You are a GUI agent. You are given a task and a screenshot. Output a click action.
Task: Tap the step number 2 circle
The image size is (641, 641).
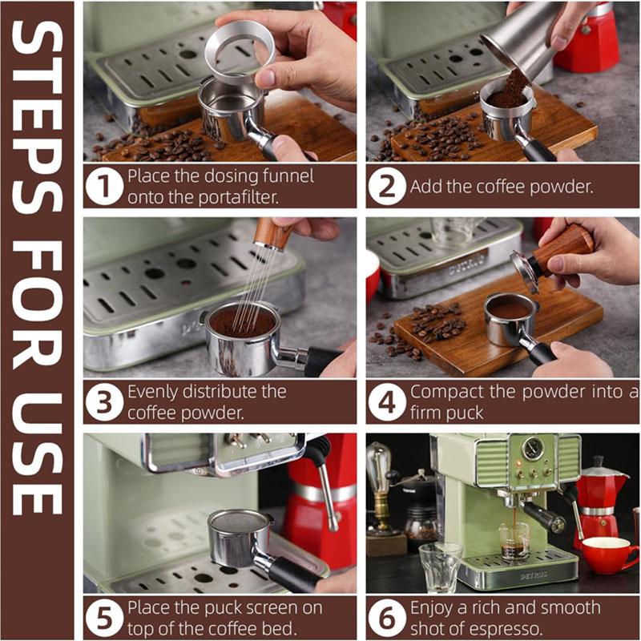pyautogui.click(x=387, y=187)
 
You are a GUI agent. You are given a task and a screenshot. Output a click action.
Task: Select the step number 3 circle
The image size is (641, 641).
pyautogui.click(x=105, y=402)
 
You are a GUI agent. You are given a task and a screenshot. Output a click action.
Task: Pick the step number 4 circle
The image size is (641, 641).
pyautogui.click(x=387, y=402)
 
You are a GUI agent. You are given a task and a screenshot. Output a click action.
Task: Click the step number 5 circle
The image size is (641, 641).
pyautogui.click(x=105, y=618)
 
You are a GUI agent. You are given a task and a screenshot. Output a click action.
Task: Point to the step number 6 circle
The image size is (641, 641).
pyautogui.click(x=387, y=618)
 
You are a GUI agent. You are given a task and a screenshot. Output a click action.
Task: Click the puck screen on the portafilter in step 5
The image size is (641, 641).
pyautogui.click(x=237, y=522)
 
